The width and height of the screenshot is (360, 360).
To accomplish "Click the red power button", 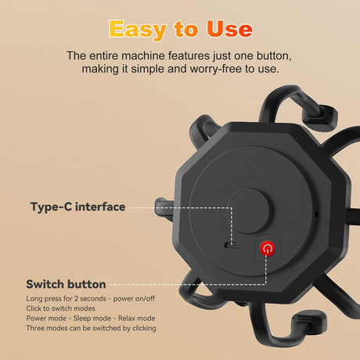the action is pos(268,249).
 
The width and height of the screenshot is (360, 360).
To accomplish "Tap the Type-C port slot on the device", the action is pos(231,245).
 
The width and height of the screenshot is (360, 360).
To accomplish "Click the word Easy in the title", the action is pos(138,30).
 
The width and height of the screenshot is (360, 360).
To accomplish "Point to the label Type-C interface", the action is pos(78,207).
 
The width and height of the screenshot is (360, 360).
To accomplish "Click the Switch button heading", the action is pos(66,284).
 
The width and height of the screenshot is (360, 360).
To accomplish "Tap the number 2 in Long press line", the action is pos(76,298).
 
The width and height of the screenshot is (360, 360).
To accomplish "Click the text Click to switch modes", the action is pos(60,308).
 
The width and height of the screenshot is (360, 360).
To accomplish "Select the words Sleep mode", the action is pos(92,319).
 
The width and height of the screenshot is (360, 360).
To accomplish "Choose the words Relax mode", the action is pos(137,319).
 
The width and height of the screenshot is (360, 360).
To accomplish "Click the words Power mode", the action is pos(46,319).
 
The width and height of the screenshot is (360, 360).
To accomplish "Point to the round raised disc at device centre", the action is pos(248,211).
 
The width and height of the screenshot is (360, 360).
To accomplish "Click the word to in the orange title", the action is pos(186,29).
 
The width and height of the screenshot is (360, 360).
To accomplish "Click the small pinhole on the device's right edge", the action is pos(316,214).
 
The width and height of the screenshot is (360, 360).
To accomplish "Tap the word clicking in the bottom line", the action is pos(144,328).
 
